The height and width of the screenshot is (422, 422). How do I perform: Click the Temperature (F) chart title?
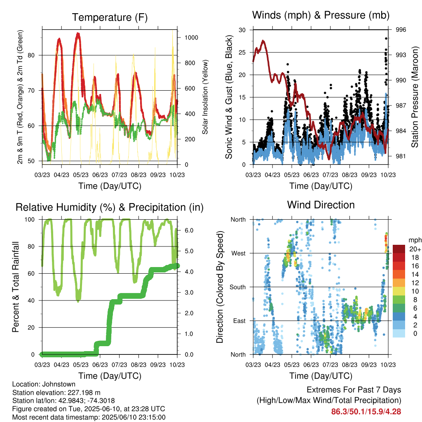click(110, 17)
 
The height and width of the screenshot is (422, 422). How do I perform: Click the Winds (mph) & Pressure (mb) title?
click(321, 15)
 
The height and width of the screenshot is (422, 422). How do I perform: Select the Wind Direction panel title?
click(321, 205)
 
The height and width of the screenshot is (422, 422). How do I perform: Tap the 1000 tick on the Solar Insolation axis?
click(191, 38)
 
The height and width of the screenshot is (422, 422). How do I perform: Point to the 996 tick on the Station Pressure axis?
click(401, 30)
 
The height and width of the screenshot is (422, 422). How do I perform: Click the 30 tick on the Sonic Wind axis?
click(242, 30)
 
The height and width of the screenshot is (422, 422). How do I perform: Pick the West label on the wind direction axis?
click(239, 253)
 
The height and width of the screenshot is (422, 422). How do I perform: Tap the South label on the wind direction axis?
click(238, 287)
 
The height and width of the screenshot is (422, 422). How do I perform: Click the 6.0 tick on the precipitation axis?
click(189, 230)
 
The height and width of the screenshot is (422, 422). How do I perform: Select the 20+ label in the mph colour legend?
click(415, 249)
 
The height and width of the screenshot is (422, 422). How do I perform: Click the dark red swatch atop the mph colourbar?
click(399, 249)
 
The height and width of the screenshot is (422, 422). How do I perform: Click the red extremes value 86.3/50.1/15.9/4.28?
click(366, 412)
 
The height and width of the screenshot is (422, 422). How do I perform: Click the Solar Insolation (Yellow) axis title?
click(205, 97)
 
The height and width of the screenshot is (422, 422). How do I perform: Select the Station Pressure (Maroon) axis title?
click(415, 97)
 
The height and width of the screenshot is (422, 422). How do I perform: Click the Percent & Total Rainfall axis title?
click(16, 287)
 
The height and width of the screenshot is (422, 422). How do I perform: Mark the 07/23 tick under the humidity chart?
click(119, 365)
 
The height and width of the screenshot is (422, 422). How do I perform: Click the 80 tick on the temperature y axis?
click(31, 56)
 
